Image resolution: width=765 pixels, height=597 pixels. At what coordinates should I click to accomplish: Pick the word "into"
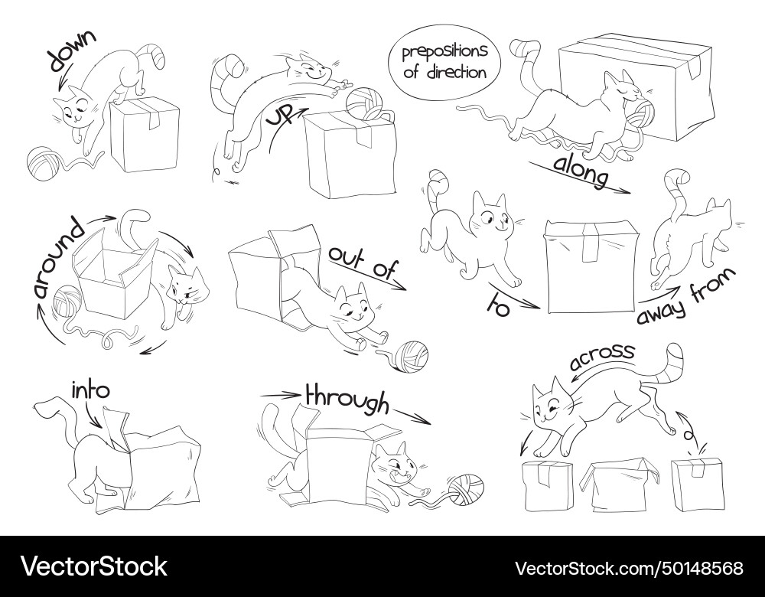pos(90,390)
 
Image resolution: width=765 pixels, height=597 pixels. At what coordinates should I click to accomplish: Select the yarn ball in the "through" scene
pos(467,489)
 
